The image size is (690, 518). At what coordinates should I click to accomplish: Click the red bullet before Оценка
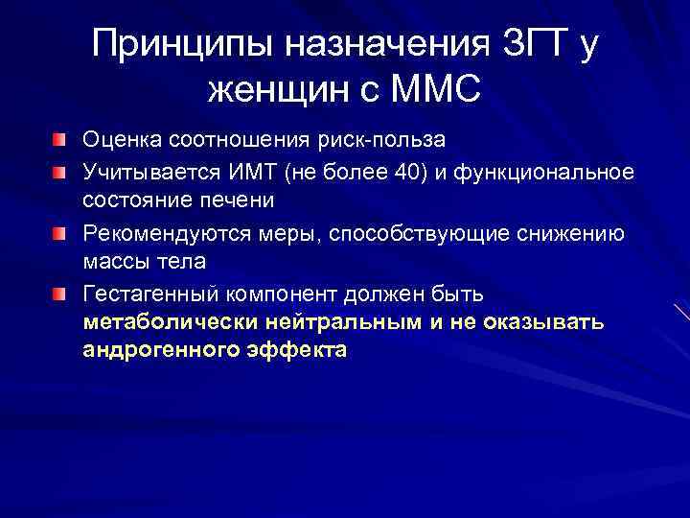(x=60, y=142)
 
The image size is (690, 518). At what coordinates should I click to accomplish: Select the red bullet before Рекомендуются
(x=60, y=232)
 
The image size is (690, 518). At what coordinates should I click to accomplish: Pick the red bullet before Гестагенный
(x=60, y=292)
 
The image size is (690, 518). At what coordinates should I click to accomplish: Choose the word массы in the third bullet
(x=114, y=261)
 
